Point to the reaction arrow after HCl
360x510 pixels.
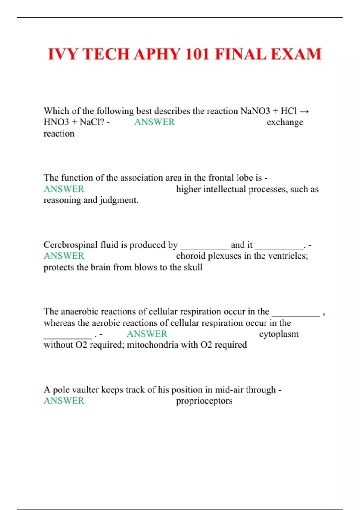pyautogui.click(x=304, y=111)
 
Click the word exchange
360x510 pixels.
pyautogui.click(x=285, y=122)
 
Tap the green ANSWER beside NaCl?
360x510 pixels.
pyautogui.click(x=154, y=122)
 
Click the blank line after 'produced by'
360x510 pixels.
pyautogui.click(x=204, y=247)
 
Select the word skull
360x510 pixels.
pyautogui.click(x=193, y=267)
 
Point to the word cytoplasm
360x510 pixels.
pyautogui.click(x=279, y=334)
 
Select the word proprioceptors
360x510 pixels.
pyautogui.click(x=204, y=401)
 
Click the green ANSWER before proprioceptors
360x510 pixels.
pyautogui.click(x=64, y=400)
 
